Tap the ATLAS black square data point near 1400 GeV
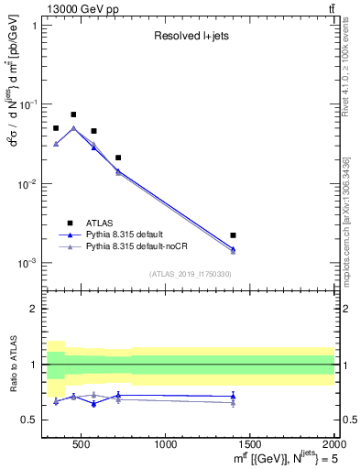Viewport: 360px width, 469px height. [x=234, y=235]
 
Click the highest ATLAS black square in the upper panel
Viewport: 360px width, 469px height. [x=73, y=115]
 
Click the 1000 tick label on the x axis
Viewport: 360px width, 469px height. [x=167, y=446]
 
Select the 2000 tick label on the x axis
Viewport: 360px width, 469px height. [x=333, y=446]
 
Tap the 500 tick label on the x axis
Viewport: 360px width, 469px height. [x=81, y=446]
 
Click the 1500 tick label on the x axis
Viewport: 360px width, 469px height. [x=250, y=446]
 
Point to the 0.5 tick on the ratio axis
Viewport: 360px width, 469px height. [x=30, y=420]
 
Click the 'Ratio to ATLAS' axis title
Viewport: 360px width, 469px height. [x=12, y=365]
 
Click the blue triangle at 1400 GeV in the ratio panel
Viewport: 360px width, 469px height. [x=234, y=396]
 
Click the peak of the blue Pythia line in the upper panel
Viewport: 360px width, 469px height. [x=73, y=128]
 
